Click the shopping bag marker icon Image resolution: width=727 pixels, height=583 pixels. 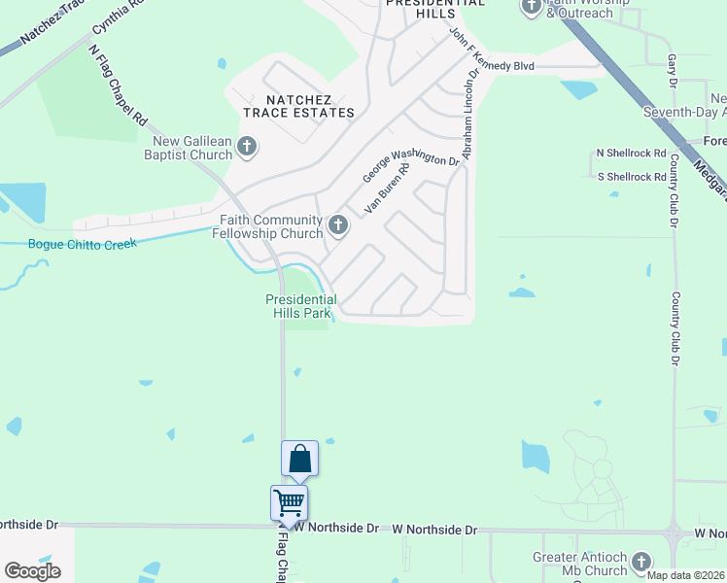299,459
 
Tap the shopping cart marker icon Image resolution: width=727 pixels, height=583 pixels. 289,503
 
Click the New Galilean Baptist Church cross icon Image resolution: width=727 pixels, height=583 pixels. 247,148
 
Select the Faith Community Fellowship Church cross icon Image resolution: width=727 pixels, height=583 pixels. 338,226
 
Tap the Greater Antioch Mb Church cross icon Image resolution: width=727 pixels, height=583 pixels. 640,562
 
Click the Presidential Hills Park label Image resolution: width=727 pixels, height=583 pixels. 301,306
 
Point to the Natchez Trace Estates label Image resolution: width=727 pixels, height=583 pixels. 298,106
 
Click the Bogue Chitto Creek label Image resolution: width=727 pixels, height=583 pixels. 83,244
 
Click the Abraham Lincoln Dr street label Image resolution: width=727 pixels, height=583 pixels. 471,113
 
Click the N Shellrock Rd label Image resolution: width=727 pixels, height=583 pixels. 631,154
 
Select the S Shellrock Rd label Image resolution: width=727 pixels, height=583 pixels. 631,176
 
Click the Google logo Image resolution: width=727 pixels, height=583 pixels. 32,571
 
